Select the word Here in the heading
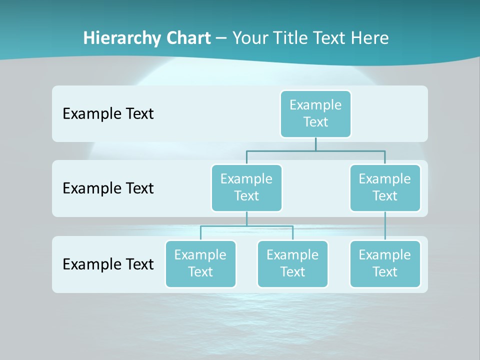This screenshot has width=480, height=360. pos(369,38)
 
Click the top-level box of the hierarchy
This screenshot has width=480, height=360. pos(315,113)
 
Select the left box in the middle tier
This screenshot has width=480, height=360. pos(246,187)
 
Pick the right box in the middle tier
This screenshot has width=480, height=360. pos(385,187)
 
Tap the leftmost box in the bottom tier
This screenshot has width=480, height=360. pos(200,263)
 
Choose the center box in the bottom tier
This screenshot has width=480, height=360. pos(292,263)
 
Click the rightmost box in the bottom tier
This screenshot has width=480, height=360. pos(385,263)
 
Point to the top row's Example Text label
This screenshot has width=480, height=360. pos(108,113)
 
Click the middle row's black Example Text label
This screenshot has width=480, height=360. pos(108,188)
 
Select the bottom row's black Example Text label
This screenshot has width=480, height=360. pos(108,264)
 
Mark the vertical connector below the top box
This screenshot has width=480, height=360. pos(315,144)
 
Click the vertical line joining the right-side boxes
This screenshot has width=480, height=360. pos(385,225)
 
